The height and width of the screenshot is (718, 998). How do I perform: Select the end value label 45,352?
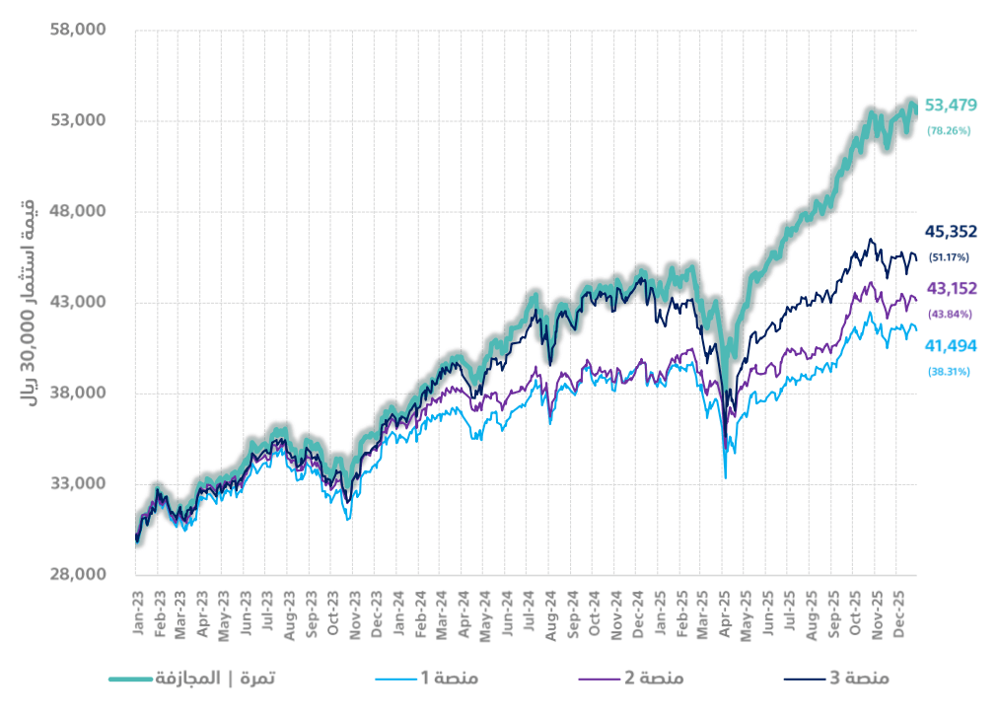coord(950,232)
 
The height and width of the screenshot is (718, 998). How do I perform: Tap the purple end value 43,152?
coord(950,289)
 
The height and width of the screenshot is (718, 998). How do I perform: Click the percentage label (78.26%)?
coord(949,130)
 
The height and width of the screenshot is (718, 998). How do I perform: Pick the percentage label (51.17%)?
coord(949,257)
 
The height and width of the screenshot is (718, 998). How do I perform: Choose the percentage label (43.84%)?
coord(950,315)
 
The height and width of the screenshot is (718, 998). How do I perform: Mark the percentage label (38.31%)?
coord(949,372)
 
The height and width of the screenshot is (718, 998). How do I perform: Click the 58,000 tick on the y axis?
coord(77,30)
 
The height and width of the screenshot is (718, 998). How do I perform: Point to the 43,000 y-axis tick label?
coord(77,302)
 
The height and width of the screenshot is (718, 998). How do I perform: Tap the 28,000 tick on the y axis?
coord(77,575)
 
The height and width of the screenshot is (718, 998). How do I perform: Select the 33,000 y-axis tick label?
coord(77,484)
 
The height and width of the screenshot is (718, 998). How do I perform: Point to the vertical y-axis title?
coord(29,303)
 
